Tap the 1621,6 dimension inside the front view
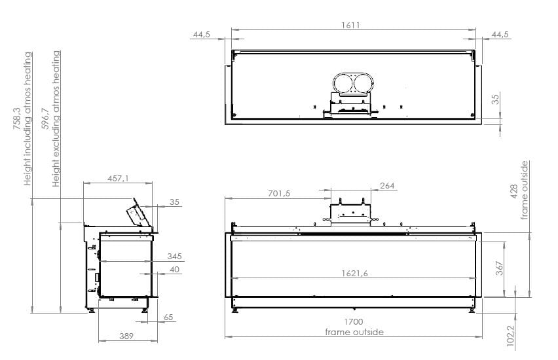pos(354,274)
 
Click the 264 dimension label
pos(387,186)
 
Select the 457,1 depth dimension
pos(118,178)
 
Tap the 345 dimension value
pos(174,256)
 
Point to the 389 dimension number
pos(125,336)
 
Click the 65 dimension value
pos(169,317)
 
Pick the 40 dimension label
pos(174,269)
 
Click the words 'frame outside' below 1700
pos(354,333)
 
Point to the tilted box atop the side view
pos(138,213)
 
